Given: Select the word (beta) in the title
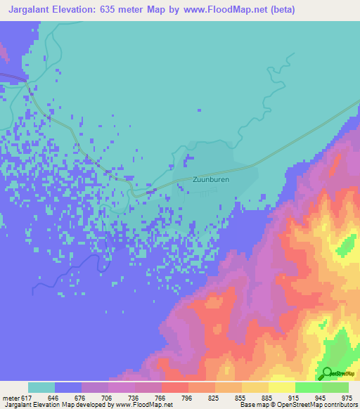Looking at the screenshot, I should (281, 9).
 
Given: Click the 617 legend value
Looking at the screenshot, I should (25, 397).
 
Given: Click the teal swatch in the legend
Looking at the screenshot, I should (41, 387).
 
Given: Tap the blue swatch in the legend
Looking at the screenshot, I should (68, 387).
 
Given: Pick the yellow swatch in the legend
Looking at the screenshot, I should (281, 387).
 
